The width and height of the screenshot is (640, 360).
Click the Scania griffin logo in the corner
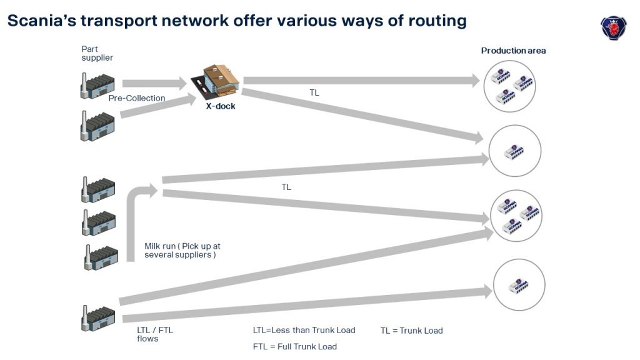613,28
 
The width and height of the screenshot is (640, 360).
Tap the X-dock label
221,106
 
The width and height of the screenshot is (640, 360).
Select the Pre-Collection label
137,98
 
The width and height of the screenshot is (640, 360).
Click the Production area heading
513,51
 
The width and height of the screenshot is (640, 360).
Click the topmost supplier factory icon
97,86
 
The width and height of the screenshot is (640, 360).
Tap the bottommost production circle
517,285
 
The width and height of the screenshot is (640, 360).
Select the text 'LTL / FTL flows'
154,334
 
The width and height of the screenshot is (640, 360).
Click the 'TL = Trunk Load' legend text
411,331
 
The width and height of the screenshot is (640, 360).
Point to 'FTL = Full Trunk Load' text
294,347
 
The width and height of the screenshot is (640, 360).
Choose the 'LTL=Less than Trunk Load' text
304,331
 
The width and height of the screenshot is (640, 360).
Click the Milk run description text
182,251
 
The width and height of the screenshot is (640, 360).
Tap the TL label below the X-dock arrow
314,92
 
